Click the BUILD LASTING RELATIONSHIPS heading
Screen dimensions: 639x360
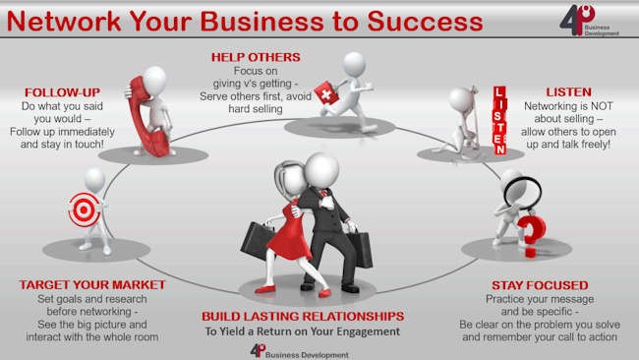coord(302,316)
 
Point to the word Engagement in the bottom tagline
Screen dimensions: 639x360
coord(365,331)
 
